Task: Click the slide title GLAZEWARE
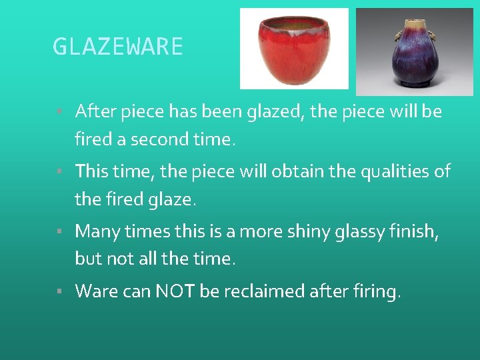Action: (x=117, y=47)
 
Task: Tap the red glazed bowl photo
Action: (x=293, y=49)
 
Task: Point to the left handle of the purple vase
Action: (x=399, y=34)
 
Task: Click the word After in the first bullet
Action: (x=95, y=111)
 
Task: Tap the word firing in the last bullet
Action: (x=376, y=291)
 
